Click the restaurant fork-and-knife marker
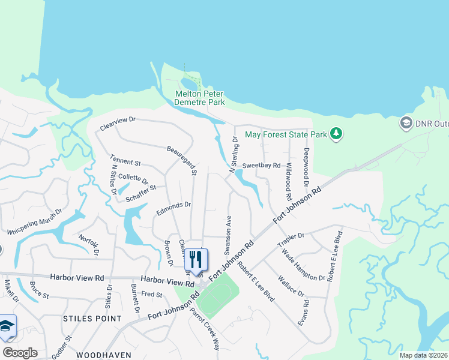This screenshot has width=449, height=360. tap(195, 260)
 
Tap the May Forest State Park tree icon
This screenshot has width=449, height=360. tap(337, 134)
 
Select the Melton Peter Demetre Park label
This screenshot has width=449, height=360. tap(199, 98)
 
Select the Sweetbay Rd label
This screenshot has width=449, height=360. tap(261, 166)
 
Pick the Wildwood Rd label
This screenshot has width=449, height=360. tap(288, 181)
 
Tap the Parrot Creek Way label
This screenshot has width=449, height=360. tap(205, 329)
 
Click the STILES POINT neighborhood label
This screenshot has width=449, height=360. tap(92, 319)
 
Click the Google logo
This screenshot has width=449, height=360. tap(20, 353)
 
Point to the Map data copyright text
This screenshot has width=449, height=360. tap(423, 355)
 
